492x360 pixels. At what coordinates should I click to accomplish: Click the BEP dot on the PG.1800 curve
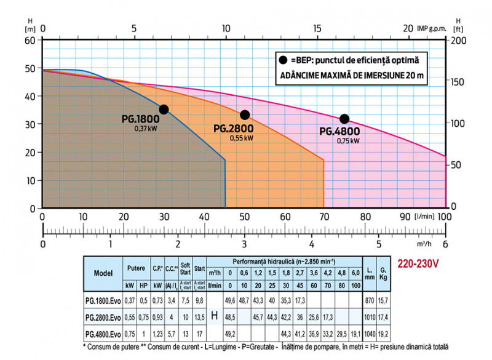click(x=164, y=110)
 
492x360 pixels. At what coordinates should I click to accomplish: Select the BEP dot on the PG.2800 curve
click(x=245, y=115)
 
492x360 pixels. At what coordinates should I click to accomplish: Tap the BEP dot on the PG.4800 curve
click(x=344, y=119)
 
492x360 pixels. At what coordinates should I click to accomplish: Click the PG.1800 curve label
click(x=141, y=119)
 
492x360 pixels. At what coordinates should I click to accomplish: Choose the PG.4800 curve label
click(x=340, y=132)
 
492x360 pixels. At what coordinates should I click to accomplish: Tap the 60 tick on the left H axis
click(x=30, y=40)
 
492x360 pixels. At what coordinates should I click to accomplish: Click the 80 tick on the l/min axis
click(x=365, y=217)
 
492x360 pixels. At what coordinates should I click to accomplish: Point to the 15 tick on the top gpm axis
click(x=317, y=28)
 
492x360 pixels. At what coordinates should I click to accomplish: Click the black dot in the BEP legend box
click(x=283, y=60)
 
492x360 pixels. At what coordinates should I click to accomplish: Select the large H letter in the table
click(x=215, y=316)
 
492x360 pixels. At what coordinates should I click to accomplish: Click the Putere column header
click(x=136, y=268)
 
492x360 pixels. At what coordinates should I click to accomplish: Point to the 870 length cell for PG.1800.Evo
click(x=370, y=300)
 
